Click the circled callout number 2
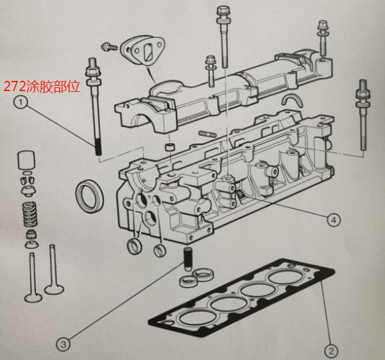330,351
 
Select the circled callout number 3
62,345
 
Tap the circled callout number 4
333,220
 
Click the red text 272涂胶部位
42,85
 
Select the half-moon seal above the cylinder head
295,99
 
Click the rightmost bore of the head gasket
284,277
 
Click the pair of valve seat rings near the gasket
198,279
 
